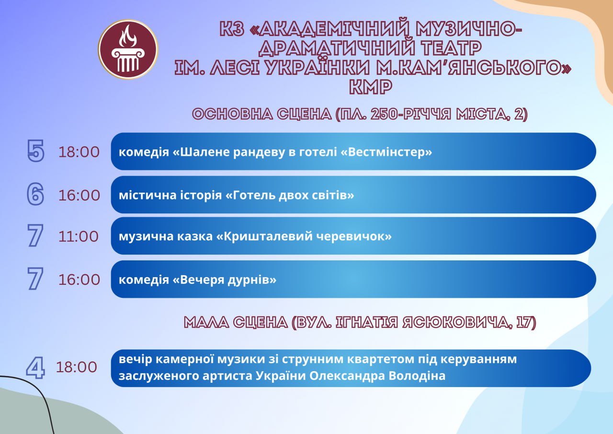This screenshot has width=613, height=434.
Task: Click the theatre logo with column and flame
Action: pos(128,49)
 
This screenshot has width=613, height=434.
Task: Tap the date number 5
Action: pos(35,151)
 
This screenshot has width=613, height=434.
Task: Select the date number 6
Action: pos(35,194)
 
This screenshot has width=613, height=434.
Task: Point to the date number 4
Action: pos(35,368)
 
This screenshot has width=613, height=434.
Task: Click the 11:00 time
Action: pos(78,236)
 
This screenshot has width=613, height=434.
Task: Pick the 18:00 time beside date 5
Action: pos(79,152)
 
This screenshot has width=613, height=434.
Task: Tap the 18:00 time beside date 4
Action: pos(76,367)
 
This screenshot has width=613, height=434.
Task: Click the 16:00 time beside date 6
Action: pos(79,195)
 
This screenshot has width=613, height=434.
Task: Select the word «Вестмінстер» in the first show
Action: pos(386,152)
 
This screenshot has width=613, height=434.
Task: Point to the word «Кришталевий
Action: pos(264,236)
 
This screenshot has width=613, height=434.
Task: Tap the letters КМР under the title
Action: pos(371,87)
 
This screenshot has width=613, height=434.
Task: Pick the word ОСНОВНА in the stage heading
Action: pos(233,114)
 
